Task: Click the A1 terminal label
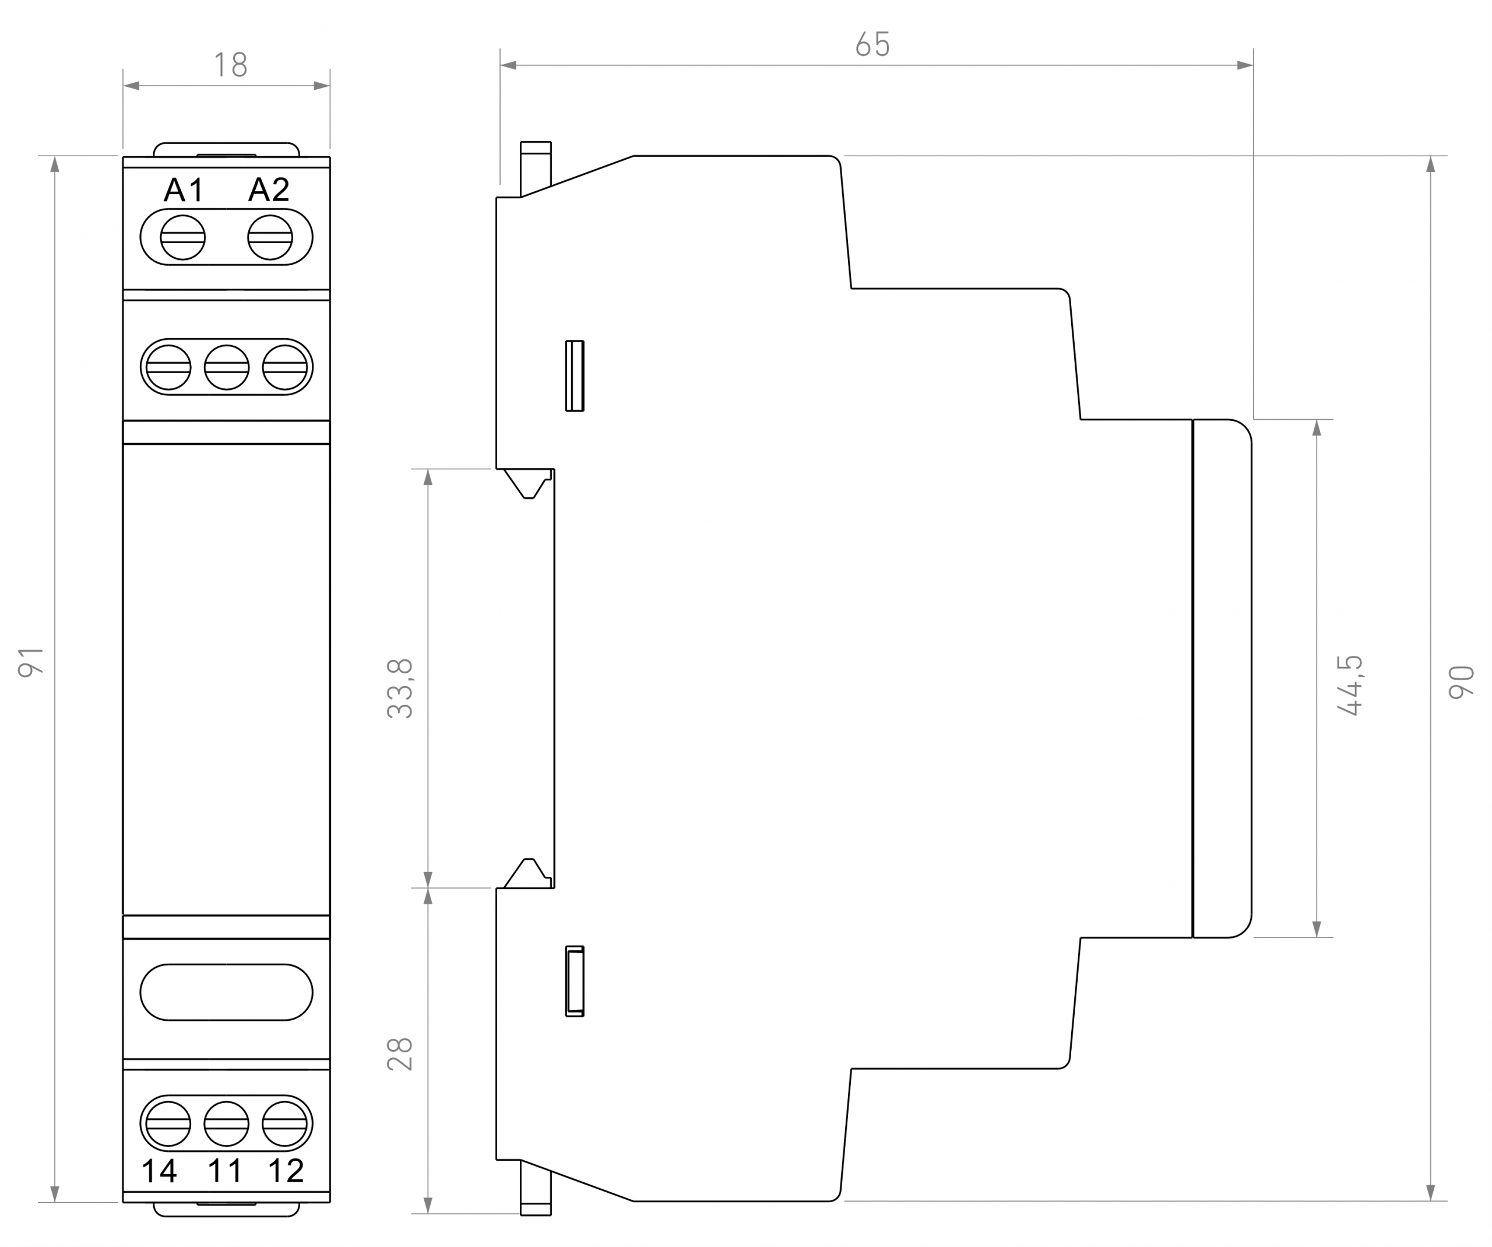point(184,189)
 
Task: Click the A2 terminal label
point(269,189)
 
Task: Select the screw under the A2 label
point(270,237)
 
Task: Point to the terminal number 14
point(159,1171)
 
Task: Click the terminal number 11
point(224,1171)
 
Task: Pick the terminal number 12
point(286,1171)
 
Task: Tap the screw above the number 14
point(168,1124)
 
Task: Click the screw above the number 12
point(285,1124)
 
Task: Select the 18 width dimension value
point(231,65)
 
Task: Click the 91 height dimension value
point(31,662)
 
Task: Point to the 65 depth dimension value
point(872,45)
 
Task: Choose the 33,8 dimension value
point(400,689)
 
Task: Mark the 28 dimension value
point(400,1053)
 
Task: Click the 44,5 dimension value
point(1349,685)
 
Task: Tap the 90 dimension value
point(1462,682)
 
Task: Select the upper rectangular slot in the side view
point(575,376)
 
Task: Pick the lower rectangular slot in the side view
point(575,981)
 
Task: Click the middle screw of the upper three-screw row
point(227,367)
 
